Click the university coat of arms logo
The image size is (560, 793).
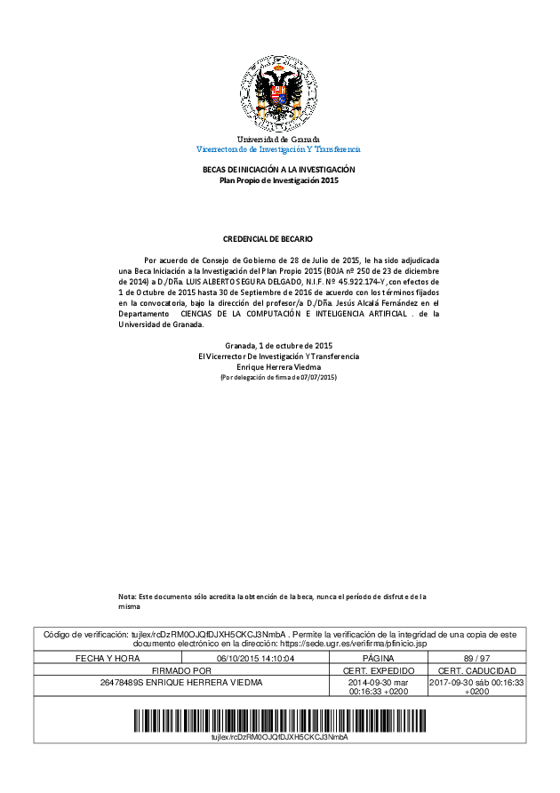point(279,93)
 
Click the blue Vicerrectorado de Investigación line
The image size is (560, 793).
point(278,149)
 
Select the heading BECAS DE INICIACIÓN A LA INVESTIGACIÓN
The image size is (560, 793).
point(279,170)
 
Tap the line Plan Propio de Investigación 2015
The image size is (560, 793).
point(279,180)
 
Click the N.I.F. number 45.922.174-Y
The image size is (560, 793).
point(359,281)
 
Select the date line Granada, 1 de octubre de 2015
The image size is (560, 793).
point(278,345)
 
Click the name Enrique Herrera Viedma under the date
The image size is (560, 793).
point(278,366)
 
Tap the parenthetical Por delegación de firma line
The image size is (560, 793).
point(278,378)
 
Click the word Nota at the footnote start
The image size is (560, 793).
point(128,597)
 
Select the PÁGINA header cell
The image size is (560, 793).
point(378,658)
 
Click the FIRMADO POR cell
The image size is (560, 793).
point(181,669)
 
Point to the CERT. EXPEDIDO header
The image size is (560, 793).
point(378,669)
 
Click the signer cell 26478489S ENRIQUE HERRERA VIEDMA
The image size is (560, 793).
point(181,682)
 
